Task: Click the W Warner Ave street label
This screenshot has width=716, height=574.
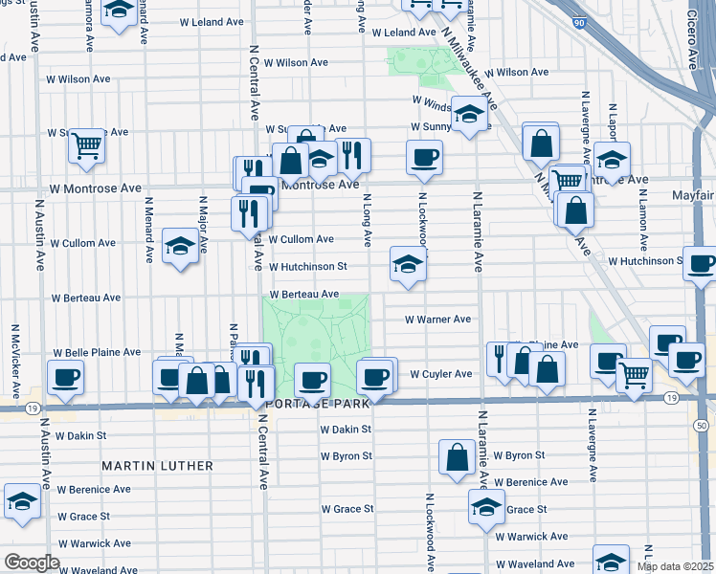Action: click(437, 320)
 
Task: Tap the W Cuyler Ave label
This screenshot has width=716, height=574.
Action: click(441, 374)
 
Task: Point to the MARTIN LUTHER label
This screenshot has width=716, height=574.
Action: click(158, 466)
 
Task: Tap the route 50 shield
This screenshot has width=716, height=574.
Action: click(702, 424)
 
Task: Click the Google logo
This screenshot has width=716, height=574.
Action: click(32, 563)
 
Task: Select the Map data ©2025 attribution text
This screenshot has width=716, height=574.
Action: click(675, 566)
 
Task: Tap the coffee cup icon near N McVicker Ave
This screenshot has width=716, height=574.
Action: click(65, 377)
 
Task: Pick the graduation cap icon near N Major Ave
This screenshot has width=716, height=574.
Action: click(179, 246)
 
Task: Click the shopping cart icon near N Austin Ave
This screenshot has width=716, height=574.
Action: click(86, 146)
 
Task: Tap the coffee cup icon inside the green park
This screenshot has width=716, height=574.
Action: click(312, 380)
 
